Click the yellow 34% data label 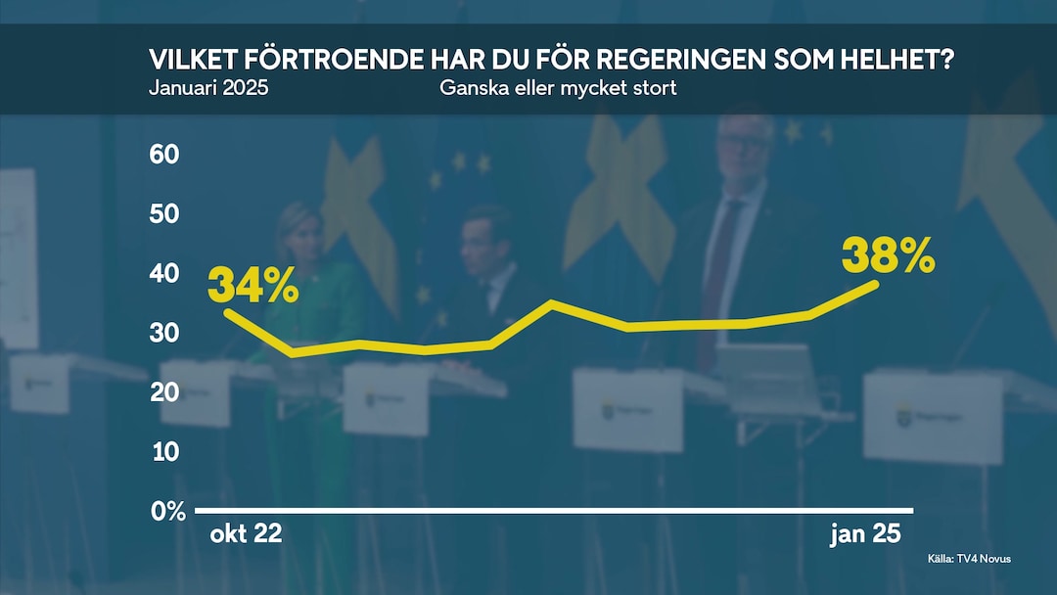click(253, 286)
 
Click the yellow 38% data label click(888, 257)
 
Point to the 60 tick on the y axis click(164, 154)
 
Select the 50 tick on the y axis click(164, 213)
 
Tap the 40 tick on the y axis click(164, 273)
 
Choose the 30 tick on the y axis click(164, 333)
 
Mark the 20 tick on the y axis click(164, 392)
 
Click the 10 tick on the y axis click(164, 452)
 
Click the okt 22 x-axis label click(246, 534)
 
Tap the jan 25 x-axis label click(864, 534)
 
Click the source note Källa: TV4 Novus click(969, 558)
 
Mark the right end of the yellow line click(876, 284)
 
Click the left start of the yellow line click(227, 312)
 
